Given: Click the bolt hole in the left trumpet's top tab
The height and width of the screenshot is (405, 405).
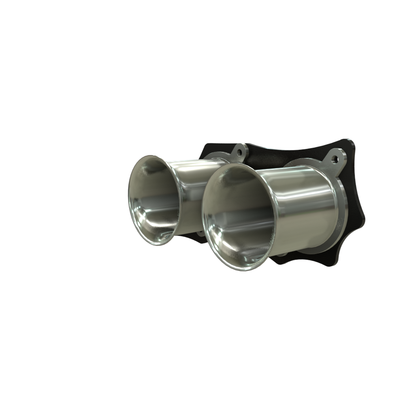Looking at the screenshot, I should coord(239,153).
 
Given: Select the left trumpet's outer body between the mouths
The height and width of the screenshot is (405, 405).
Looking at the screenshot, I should coord(190,190).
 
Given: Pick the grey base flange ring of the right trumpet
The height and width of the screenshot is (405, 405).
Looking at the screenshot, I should coord(340,215).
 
